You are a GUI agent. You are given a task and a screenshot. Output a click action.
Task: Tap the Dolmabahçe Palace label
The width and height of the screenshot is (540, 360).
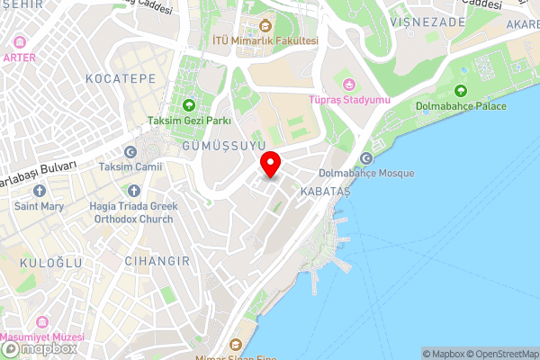click(461, 106)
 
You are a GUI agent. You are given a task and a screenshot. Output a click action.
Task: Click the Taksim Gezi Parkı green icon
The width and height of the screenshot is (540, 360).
click(190, 103)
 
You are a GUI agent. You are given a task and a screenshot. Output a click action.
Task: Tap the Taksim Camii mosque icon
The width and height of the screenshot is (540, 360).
click(131, 152)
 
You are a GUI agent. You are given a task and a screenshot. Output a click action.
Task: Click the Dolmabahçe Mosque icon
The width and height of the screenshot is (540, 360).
click(366, 158)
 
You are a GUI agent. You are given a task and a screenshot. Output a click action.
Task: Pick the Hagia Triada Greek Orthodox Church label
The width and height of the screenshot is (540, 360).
click(134, 211)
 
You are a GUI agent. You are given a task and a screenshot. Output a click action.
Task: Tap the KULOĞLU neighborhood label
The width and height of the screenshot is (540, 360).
click(49, 262)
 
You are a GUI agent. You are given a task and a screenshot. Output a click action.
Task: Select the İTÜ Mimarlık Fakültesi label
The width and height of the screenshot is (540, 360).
click(264, 40)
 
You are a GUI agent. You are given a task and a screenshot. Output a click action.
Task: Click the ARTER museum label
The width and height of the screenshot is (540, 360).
click(19, 56)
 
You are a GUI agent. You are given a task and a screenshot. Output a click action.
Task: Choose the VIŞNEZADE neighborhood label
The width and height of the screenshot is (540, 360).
click(427, 22)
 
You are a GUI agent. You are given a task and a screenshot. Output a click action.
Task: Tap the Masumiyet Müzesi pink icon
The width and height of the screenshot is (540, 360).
click(40, 321)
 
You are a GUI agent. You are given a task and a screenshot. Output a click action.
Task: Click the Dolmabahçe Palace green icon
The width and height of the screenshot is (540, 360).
click(461, 90)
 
